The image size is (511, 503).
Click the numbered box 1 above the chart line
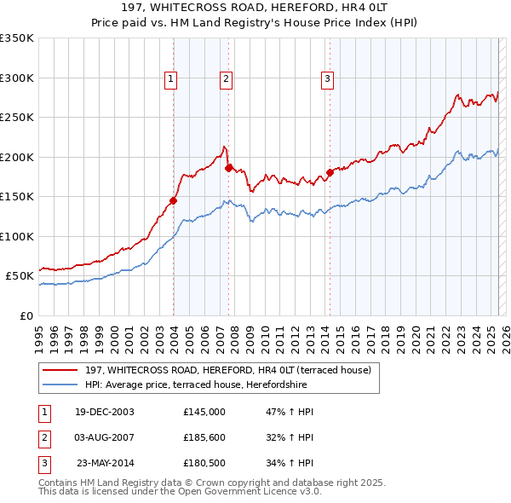[x=171, y=79]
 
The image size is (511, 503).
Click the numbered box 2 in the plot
[x=227, y=79]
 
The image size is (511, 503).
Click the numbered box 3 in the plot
[x=328, y=79]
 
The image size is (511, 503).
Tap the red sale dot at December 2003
[x=173, y=200]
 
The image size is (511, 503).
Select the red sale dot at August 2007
[x=228, y=168]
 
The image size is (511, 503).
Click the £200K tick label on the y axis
[x=17, y=157]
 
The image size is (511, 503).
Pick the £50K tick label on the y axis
[x=20, y=276]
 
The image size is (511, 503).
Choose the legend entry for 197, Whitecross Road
[x=227, y=370]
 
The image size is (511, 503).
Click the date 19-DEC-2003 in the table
[x=105, y=412]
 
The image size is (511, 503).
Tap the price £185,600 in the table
[x=204, y=438]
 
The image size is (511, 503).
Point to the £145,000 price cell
[x=204, y=412]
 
